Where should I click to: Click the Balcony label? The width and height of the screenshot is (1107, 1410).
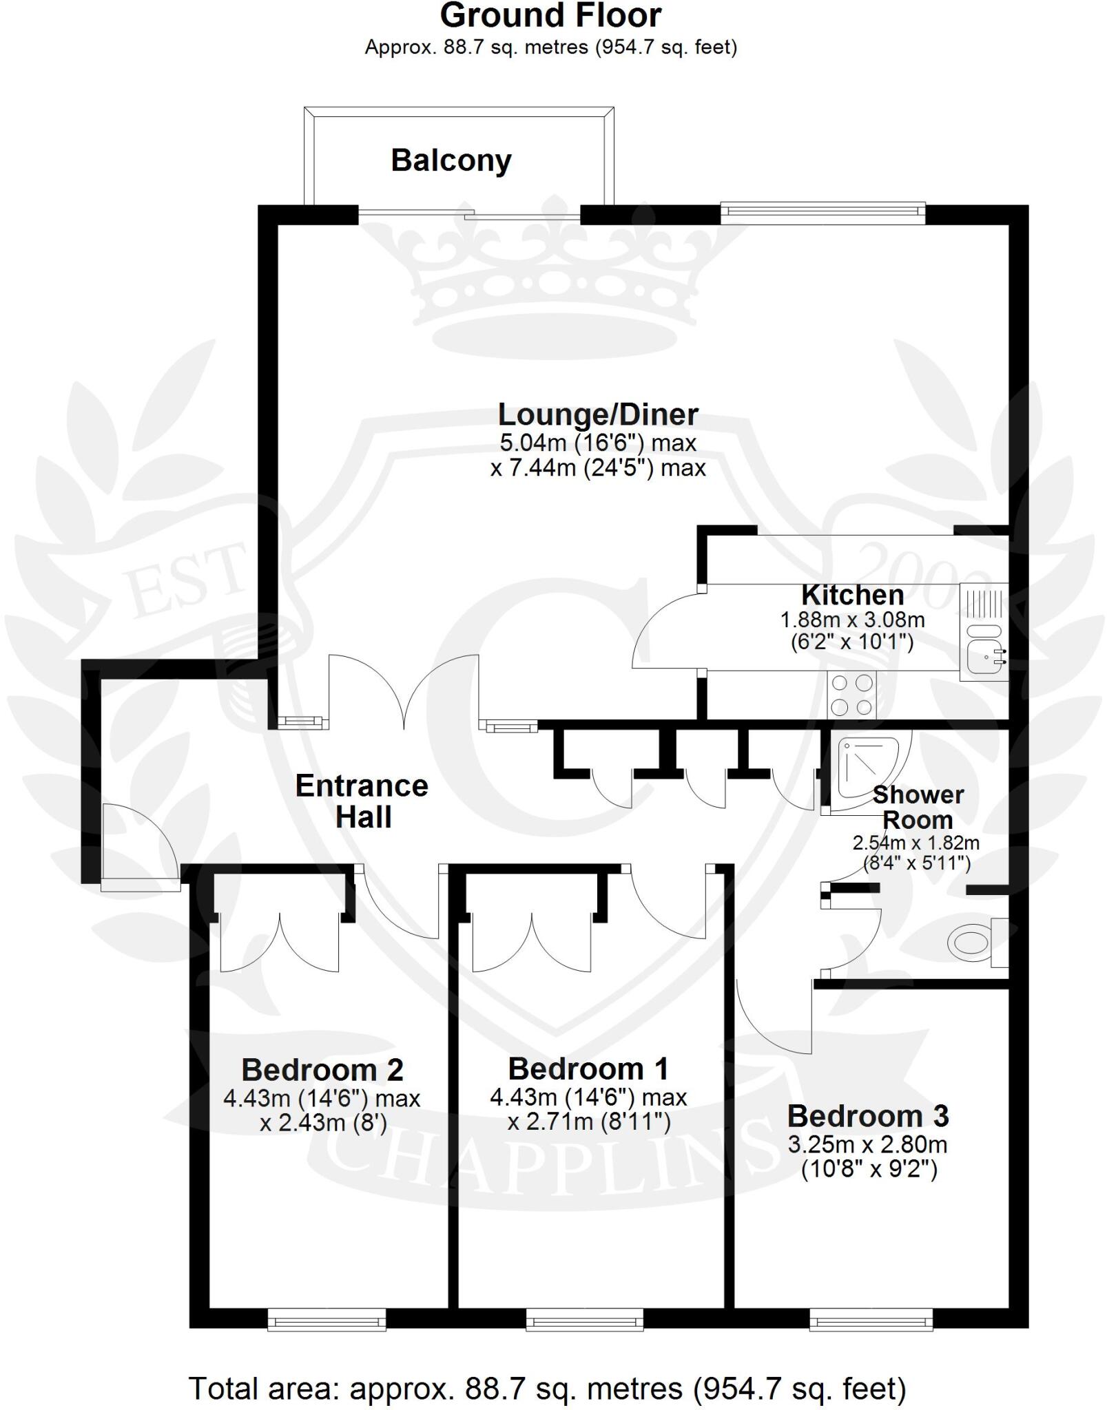coord(451,160)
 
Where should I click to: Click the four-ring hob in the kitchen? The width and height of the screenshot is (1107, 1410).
coord(851,695)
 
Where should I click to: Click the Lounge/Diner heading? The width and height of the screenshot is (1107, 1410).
coord(598,414)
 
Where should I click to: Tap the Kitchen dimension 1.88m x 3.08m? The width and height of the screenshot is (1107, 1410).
coord(852,620)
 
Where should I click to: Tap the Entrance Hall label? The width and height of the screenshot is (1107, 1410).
coord(362,801)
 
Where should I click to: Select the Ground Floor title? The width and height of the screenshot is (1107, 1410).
coord(550,15)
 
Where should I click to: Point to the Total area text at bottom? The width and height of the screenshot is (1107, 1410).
coord(548,1388)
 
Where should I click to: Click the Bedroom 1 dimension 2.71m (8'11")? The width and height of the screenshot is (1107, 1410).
coord(589,1122)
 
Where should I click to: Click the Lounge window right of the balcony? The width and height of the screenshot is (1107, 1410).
coord(823,213)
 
